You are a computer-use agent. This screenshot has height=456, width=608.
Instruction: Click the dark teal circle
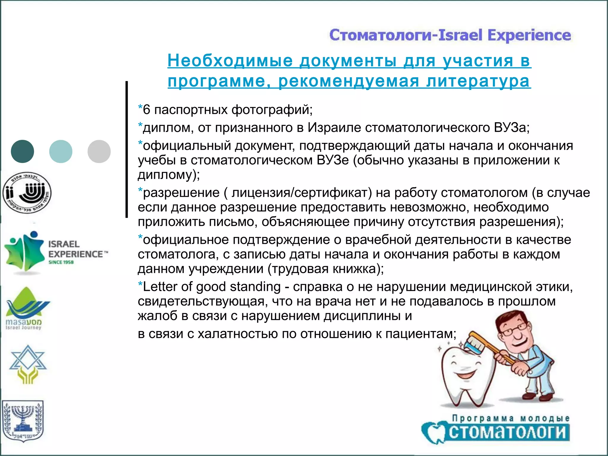point(23,151)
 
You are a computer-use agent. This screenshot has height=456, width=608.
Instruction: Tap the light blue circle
point(61,151)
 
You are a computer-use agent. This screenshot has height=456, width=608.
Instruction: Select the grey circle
point(99,151)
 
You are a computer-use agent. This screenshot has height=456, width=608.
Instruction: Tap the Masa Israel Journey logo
point(27,309)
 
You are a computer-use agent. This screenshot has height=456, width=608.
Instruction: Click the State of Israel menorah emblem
point(23,420)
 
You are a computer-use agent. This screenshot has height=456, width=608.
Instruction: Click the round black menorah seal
point(27,193)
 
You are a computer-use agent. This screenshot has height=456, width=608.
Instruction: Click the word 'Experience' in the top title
point(529,35)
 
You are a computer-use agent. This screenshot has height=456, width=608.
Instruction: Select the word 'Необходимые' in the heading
point(230,61)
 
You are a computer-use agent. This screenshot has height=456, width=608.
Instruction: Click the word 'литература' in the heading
point(478,81)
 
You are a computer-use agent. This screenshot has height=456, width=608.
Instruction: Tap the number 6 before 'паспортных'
point(147,110)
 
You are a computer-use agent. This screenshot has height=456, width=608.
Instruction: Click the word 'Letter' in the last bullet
point(160,287)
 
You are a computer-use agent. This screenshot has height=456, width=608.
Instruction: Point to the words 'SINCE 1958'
point(61,262)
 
